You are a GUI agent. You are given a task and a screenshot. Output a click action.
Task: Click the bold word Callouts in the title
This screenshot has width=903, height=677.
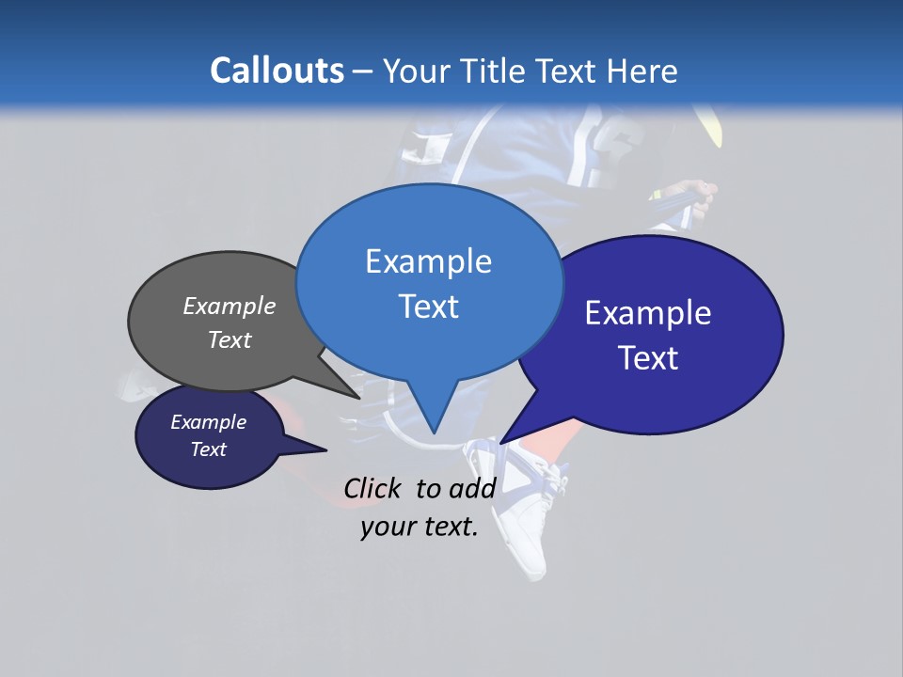(x=277, y=71)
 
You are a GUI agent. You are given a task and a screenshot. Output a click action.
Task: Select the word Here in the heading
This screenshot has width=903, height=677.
(x=642, y=71)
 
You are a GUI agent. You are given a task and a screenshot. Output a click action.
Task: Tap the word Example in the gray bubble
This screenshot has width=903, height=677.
(x=230, y=306)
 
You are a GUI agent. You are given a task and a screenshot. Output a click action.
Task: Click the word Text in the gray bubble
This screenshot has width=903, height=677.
(x=230, y=339)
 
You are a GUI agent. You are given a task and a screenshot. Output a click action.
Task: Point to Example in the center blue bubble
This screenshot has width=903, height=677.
(x=428, y=261)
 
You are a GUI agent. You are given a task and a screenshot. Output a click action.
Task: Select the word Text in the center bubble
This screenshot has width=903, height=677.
(x=428, y=307)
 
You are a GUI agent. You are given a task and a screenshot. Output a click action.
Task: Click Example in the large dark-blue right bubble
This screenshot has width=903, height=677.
(x=648, y=313)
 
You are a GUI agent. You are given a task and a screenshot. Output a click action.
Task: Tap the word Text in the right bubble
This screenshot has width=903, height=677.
(x=648, y=358)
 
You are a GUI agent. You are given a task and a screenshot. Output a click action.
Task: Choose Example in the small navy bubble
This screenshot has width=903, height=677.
(x=208, y=422)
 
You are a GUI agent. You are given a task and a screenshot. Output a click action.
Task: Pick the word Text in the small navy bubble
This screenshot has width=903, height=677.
(x=208, y=449)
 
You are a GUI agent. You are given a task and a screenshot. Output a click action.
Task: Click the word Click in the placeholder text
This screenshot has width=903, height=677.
(x=372, y=488)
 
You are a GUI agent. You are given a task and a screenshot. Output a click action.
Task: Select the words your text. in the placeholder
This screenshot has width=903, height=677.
(x=420, y=527)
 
